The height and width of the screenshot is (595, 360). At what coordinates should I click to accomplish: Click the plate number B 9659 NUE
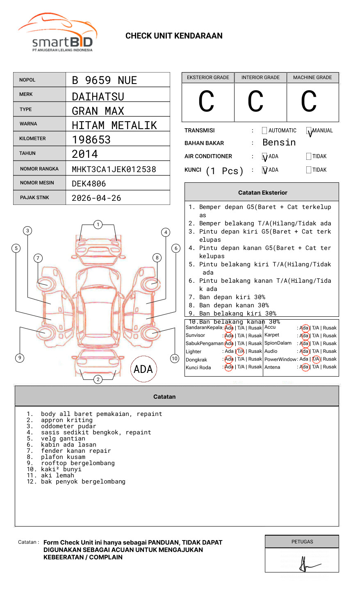pyautogui.click(x=104, y=80)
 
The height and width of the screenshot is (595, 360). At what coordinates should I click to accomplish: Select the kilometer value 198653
pyautogui.click(x=91, y=140)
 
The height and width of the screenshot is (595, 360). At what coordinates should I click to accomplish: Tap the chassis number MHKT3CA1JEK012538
pyautogui.click(x=114, y=169)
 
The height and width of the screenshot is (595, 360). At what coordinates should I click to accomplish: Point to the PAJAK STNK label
pyautogui.click(x=34, y=198)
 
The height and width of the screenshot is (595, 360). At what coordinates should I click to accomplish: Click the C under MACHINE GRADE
pyautogui.click(x=309, y=102)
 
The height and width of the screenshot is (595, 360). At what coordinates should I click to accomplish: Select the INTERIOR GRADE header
pyautogui.click(x=260, y=77)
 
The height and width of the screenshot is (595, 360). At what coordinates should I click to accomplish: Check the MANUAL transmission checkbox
pyautogui.click(x=309, y=131)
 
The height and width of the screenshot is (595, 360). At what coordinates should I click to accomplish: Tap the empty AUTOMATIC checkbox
pyautogui.click(x=264, y=131)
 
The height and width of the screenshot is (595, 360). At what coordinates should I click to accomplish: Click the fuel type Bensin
pyautogui.click(x=279, y=143)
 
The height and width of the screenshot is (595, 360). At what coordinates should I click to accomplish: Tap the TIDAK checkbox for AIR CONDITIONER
pyautogui.click(x=309, y=157)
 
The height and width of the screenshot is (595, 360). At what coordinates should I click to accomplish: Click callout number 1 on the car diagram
pyautogui.click(x=98, y=225)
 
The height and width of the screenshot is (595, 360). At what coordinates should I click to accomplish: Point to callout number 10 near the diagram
pyautogui.click(x=175, y=359)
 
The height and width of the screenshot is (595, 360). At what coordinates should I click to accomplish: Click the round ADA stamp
pyautogui.click(x=143, y=369)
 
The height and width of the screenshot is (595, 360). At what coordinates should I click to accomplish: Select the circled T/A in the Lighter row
pyautogui.click(x=240, y=351)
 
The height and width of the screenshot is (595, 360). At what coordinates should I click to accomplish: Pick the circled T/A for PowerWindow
pyautogui.click(x=316, y=359)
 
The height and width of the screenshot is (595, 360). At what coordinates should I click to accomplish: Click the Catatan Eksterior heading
pyautogui.click(x=262, y=193)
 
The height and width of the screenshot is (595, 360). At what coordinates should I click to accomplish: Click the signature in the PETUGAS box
pyautogui.click(x=307, y=565)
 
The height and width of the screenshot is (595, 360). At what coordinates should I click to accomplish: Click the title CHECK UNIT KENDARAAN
pyautogui.click(x=174, y=36)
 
